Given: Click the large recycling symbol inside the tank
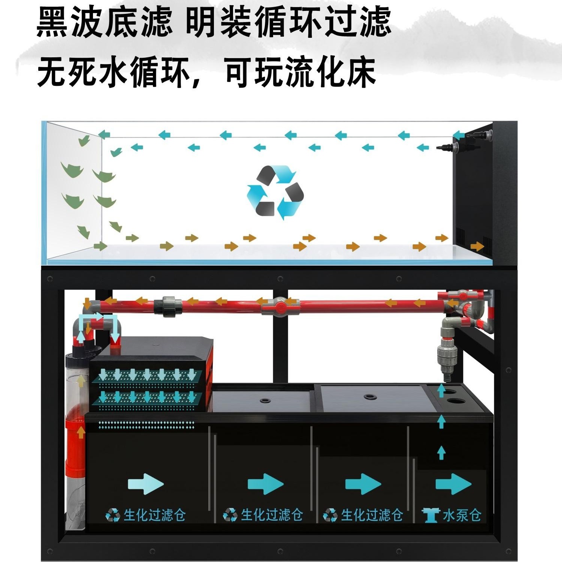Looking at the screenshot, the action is click(275, 192).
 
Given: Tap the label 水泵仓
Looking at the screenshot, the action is click(462, 516).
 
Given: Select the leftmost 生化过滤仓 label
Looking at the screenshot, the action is click(154, 516).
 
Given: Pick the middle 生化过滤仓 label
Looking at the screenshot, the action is click(272, 516).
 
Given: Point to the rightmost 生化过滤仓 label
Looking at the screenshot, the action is click(372, 516).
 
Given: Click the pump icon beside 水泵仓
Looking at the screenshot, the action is click(430, 516).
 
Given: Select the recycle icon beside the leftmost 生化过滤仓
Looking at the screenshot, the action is click(112, 516).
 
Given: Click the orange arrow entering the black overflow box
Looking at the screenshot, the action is click(477, 246).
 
